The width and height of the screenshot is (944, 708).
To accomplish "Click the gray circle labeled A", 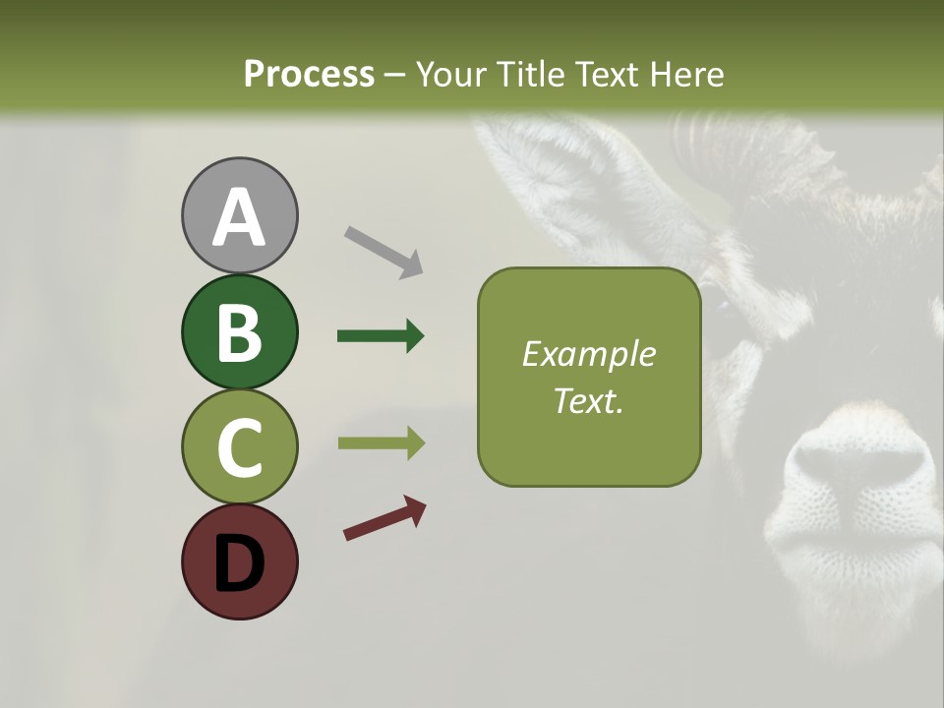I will (x=239, y=215).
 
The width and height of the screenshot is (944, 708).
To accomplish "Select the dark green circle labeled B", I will (x=239, y=331).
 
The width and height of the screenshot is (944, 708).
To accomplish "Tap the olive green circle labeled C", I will (x=239, y=446).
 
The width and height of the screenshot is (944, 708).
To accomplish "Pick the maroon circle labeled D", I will (x=239, y=561).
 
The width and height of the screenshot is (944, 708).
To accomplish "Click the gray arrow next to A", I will (x=383, y=252).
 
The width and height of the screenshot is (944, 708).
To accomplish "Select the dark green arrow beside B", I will (x=381, y=336).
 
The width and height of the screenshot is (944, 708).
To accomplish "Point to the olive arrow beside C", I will (x=381, y=443).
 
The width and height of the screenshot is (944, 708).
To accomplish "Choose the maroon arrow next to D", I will (x=384, y=518).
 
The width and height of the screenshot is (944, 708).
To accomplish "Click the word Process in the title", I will (x=309, y=74).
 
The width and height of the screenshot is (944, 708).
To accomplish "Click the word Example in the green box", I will (x=588, y=354).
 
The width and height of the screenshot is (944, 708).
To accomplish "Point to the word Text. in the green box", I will (x=588, y=400).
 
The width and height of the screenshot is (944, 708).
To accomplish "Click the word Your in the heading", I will (x=450, y=74).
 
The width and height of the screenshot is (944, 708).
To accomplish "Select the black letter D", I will (x=239, y=563).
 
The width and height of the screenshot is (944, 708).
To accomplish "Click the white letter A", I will (x=239, y=217).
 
